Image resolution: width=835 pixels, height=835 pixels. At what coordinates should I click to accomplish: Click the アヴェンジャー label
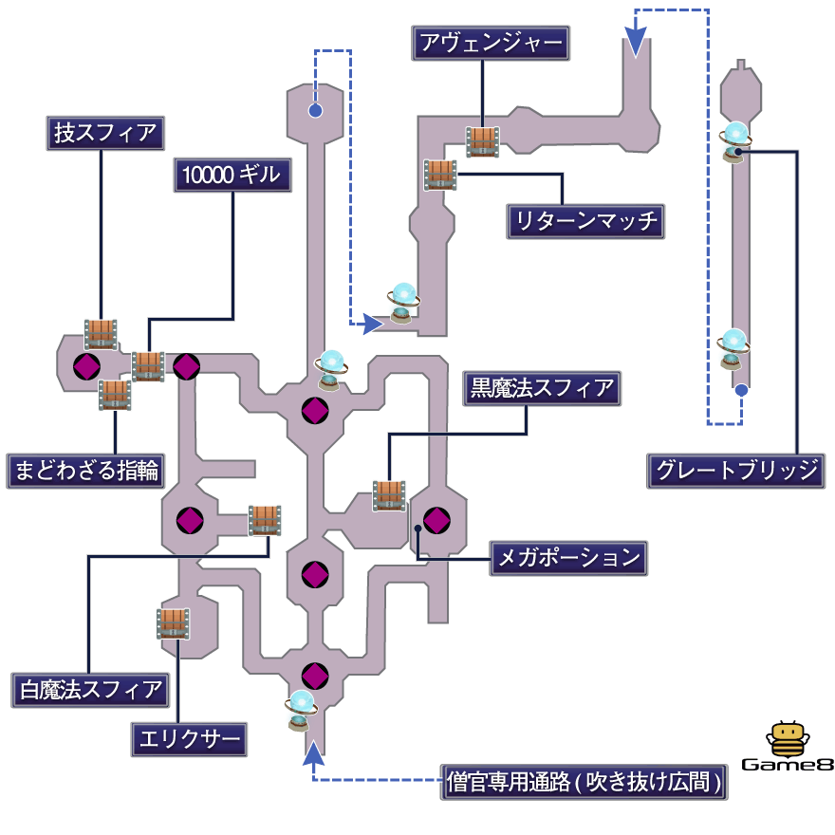point(490,43)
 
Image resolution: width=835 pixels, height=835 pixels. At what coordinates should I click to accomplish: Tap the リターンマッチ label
point(584,221)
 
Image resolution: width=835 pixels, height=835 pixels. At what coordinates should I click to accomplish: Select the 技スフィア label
point(104,133)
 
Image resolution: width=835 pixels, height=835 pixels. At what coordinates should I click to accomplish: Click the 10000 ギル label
point(232,175)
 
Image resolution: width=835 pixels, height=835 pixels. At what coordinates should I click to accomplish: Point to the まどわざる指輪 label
point(83,471)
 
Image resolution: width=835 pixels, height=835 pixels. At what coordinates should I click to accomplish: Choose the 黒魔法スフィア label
point(542,388)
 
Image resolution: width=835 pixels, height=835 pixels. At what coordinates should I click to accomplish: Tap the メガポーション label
point(568,558)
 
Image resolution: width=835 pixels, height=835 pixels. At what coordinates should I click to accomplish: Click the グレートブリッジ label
point(735,471)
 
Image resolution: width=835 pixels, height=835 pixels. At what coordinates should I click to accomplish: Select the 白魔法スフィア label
point(90,689)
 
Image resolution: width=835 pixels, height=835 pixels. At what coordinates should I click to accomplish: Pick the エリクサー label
point(189,738)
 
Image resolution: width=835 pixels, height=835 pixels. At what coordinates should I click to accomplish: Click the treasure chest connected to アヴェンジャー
point(482,141)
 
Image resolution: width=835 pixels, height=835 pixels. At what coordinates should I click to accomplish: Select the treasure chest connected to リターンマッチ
point(440,175)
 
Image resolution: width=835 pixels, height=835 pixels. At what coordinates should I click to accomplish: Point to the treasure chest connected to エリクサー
point(173,623)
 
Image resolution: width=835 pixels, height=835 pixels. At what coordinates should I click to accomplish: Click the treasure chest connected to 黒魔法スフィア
point(389,495)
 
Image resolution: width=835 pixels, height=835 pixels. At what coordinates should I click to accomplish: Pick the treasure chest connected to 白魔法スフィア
point(265,520)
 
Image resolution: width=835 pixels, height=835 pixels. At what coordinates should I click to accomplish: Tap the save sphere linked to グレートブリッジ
point(734,139)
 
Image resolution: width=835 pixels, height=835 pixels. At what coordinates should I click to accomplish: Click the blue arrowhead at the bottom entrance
point(314,753)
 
